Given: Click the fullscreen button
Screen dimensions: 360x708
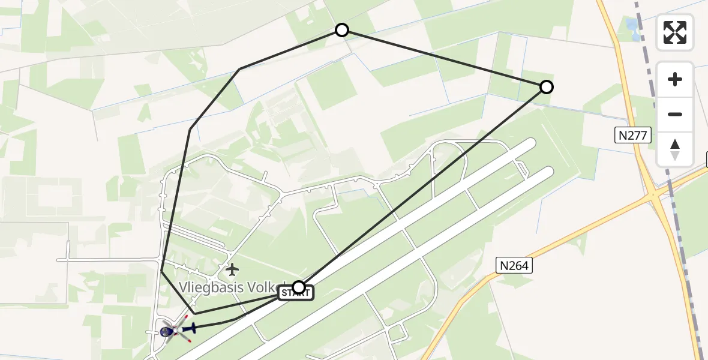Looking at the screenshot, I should tap(675, 32).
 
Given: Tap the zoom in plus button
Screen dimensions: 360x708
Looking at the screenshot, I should tap(675, 79).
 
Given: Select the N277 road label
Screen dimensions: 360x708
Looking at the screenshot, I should tap(634, 136).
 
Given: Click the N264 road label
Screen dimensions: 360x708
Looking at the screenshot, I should tap(514, 265).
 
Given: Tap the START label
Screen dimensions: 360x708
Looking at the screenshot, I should tap(295, 293).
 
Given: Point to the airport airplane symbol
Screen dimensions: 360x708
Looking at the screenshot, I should tap(232, 269).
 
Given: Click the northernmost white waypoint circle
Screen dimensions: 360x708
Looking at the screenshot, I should tap(341, 30).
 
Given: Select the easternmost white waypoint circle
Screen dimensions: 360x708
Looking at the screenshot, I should tap(546, 87).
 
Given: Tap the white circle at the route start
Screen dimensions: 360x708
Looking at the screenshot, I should tap(298, 287).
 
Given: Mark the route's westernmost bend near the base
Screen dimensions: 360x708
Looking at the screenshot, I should tap(162, 271).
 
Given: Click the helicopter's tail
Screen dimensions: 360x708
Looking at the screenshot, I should tap(193, 328).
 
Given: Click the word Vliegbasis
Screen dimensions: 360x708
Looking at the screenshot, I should tap(210, 287).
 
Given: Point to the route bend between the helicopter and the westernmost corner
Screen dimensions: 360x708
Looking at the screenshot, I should tap(195, 314).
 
